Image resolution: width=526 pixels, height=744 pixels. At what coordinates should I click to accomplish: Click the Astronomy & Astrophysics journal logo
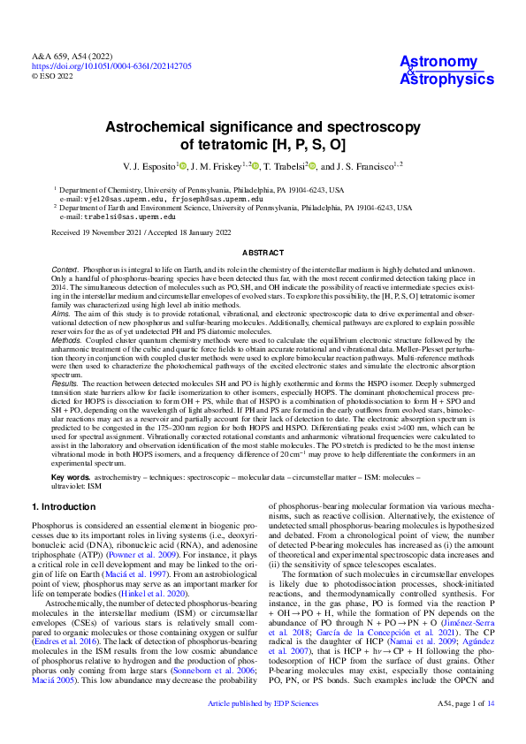pyautogui.click(x=446, y=71)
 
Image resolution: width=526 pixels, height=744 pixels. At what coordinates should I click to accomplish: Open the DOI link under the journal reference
pyautogui.click(x=111, y=65)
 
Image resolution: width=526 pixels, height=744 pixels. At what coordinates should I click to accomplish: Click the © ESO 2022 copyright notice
pyautogui.click(x=53, y=76)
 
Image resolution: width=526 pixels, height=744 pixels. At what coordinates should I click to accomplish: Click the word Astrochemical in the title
pyautogui.click(x=146, y=128)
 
